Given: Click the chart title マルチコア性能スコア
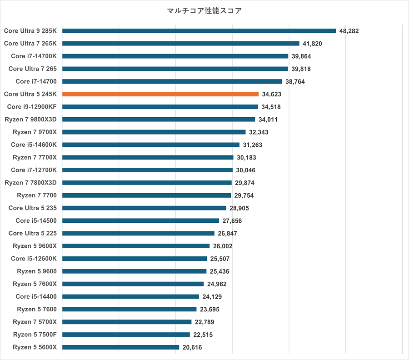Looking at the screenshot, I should pos(204,10).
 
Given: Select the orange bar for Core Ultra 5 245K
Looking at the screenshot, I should pos(160,94).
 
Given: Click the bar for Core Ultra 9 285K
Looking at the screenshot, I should pos(199,31).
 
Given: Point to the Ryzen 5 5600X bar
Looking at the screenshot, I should pos(120,347).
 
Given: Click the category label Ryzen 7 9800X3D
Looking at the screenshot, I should pos(30,120).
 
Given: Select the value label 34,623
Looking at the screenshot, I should pos(272,94).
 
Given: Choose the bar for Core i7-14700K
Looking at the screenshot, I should pos(175,56).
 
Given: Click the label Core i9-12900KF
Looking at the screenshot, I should pos(32,107).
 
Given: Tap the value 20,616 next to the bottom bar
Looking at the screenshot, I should pos(192,347).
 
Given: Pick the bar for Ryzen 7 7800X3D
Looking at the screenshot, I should pos(147,183).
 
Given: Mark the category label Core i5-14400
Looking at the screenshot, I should pos(36,296).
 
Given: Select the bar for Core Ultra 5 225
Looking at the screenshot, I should pos(138,233).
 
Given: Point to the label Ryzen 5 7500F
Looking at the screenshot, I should pos(35,335).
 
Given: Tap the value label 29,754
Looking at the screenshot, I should pos(244,195).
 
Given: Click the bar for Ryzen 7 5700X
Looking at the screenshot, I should pos(127,322).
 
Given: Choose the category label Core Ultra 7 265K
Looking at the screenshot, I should pos(30,44).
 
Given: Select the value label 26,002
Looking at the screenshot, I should pos(223,246).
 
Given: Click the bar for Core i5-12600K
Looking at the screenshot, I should pos(135,259).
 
